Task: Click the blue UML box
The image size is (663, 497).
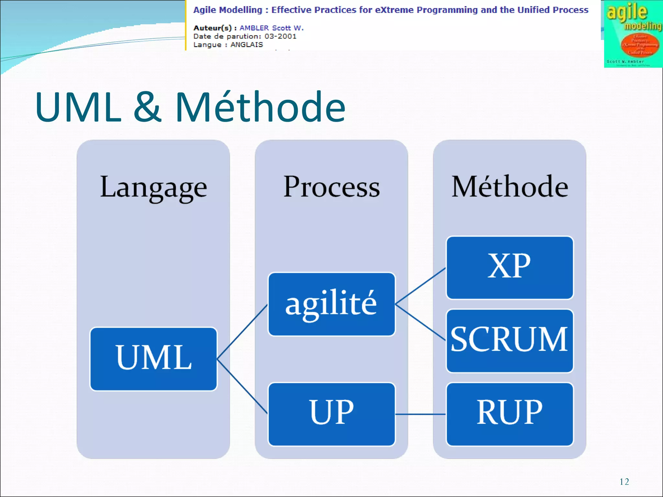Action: pos(153,359)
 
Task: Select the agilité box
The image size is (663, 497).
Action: pos(331,304)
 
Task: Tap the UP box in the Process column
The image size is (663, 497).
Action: pos(331,414)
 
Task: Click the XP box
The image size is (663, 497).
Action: pos(510,268)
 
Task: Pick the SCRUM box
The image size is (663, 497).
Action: pos(510,341)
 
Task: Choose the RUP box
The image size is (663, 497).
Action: pos(510,414)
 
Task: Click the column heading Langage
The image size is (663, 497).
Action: pos(153,187)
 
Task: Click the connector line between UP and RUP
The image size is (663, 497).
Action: pos(420,414)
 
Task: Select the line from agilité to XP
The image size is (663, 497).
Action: pos(420,286)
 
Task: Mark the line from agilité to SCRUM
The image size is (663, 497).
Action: pos(420,322)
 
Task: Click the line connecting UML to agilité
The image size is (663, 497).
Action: pos(242,332)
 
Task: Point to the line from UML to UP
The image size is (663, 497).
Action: pos(242,386)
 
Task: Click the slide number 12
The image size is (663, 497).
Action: pos(624,482)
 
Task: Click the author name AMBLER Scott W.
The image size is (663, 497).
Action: pos(271,28)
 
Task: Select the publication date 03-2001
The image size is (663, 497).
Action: pos(280,36)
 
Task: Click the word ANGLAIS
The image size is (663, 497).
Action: pos(246,45)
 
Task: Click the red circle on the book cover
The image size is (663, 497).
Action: pos(639,45)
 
